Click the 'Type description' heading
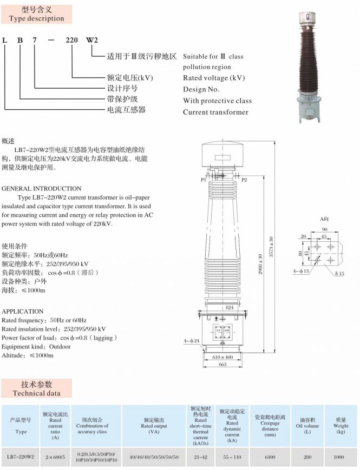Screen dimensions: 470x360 pyautogui.click(x=36, y=14)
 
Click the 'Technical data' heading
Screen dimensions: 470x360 pyautogui.click(x=36, y=389)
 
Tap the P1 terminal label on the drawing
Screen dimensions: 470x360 pyautogui.click(x=204, y=179)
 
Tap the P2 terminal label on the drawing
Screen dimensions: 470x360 pyautogui.click(x=244, y=179)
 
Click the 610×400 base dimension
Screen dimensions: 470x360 pyautogui.click(x=222, y=358)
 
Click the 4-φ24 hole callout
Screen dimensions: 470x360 pyautogui.click(x=191, y=340)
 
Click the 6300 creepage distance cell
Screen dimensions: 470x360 pyautogui.click(x=270, y=457)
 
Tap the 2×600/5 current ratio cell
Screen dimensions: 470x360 pyautogui.click(x=55, y=457)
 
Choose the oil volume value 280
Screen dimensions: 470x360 pyautogui.click(x=307, y=457)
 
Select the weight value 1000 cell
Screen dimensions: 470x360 pyautogui.click(x=339, y=457)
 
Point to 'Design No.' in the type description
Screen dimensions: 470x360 pyautogui.click(x=201, y=89)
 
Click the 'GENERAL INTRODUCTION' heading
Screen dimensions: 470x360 pyautogui.click(x=42, y=189)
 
